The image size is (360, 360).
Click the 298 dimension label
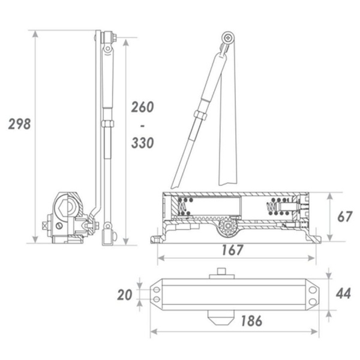pyautogui.click(x=19, y=124)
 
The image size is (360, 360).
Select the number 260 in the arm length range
pyautogui.click(x=142, y=107)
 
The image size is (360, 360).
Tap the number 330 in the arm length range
pyautogui.click(x=142, y=143)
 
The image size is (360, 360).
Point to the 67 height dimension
pyautogui.click(x=345, y=217)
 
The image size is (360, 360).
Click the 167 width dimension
pyautogui.click(x=232, y=250)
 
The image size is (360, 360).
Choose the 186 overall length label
pyautogui.click(x=251, y=321)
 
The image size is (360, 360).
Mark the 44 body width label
pyautogui.click(x=343, y=293)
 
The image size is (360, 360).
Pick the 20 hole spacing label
pyautogui.click(x=125, y=295)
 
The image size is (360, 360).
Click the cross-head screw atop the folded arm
pyautogui.click(x=228, y=37)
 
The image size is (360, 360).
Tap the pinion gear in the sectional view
pyautogui.click(x=228, y=226)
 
